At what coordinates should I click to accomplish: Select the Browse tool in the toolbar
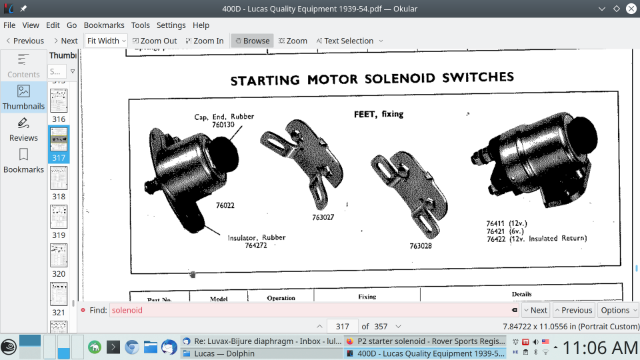tap(251, 41)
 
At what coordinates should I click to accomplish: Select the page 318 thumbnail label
tap(59, 197)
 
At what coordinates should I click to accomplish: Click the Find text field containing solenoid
tap(300, 311)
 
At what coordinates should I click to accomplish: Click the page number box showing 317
tap(341, 327)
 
